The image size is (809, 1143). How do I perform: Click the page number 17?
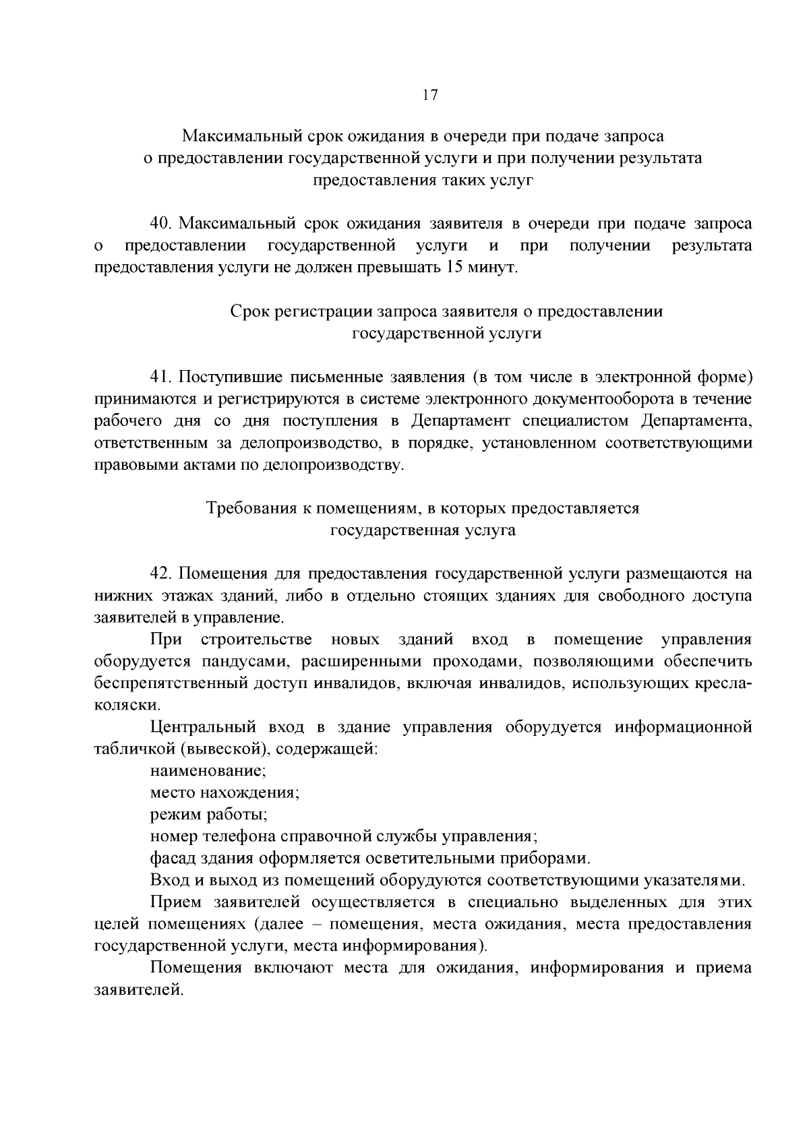coord(430,95)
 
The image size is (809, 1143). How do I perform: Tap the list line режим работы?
coord(208,814)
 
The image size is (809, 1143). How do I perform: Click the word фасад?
coord(171,859)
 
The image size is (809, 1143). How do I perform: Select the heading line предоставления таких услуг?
coord(423,181)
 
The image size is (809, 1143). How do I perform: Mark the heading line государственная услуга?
coord(422,530)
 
